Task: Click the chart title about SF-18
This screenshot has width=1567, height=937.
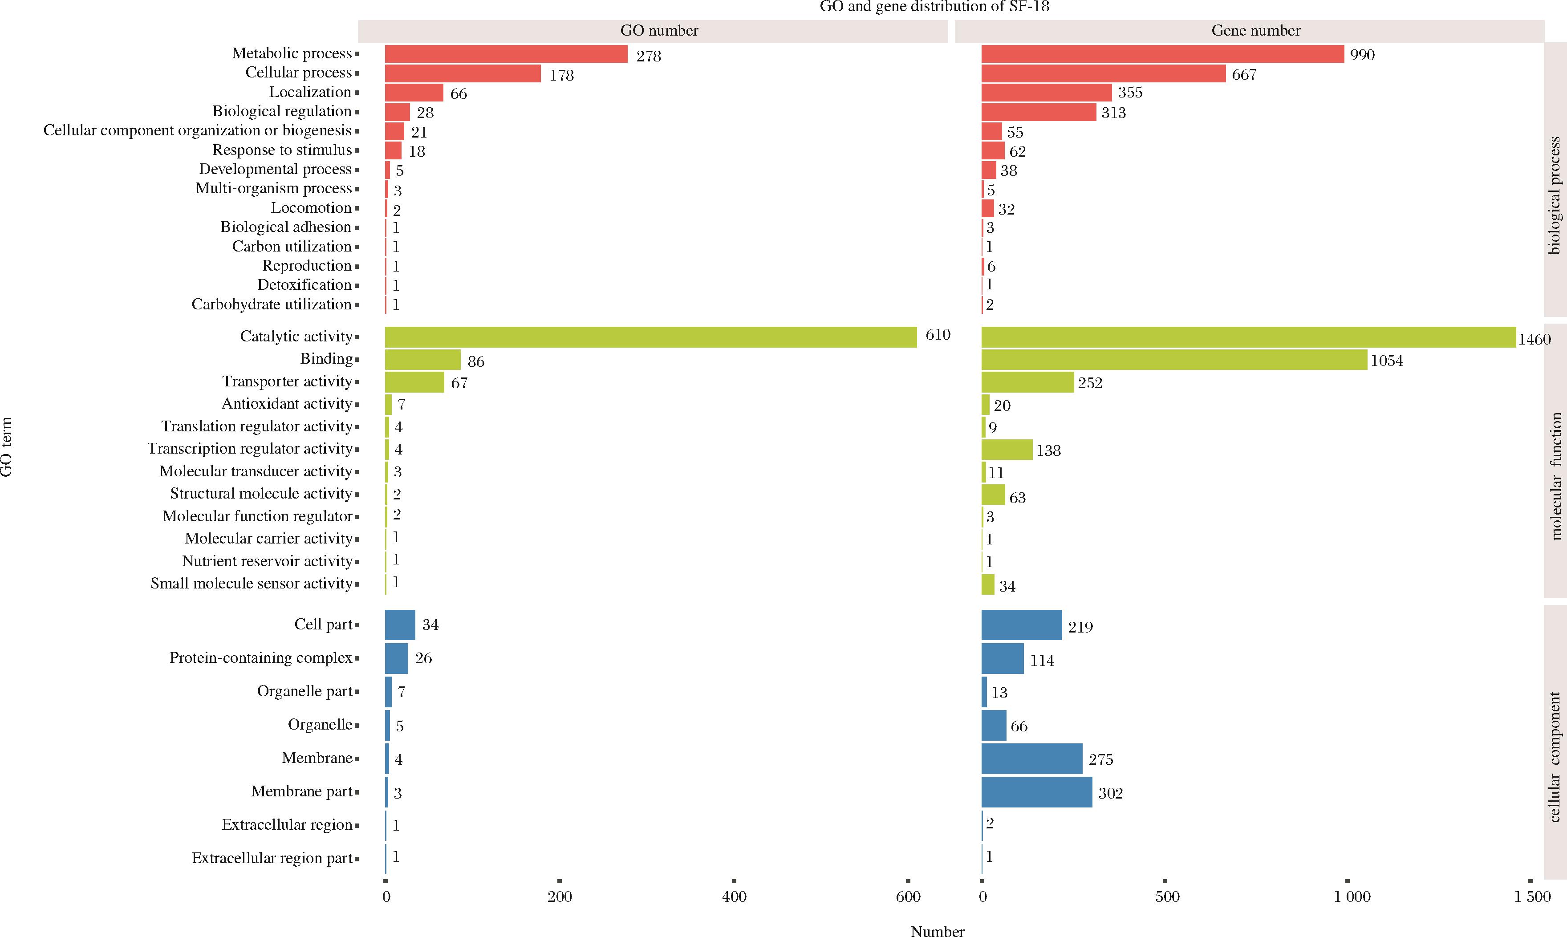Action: tap(934, 7)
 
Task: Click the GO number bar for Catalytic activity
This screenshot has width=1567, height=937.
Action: tap(650, 337)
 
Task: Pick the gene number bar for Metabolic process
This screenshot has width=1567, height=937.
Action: tap(1162, 54)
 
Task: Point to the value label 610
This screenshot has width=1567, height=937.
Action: tap(938, 335)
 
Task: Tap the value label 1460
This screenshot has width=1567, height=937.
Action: tap(1534, 340)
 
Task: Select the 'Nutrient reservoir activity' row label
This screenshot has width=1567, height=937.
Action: tap(267, 561)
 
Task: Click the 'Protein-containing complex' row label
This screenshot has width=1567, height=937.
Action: tap(261, 658)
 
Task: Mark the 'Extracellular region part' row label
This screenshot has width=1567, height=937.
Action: tap(272, 859)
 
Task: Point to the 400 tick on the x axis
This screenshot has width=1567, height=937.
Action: tap(734, 896)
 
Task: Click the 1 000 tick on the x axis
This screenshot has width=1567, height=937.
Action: tap(1352, 896)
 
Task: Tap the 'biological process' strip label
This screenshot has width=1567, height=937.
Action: tap(1555, 196)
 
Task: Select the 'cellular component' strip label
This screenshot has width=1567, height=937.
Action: tap(1555, 758)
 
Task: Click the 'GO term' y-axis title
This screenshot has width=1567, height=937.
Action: tap(6, 447)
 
